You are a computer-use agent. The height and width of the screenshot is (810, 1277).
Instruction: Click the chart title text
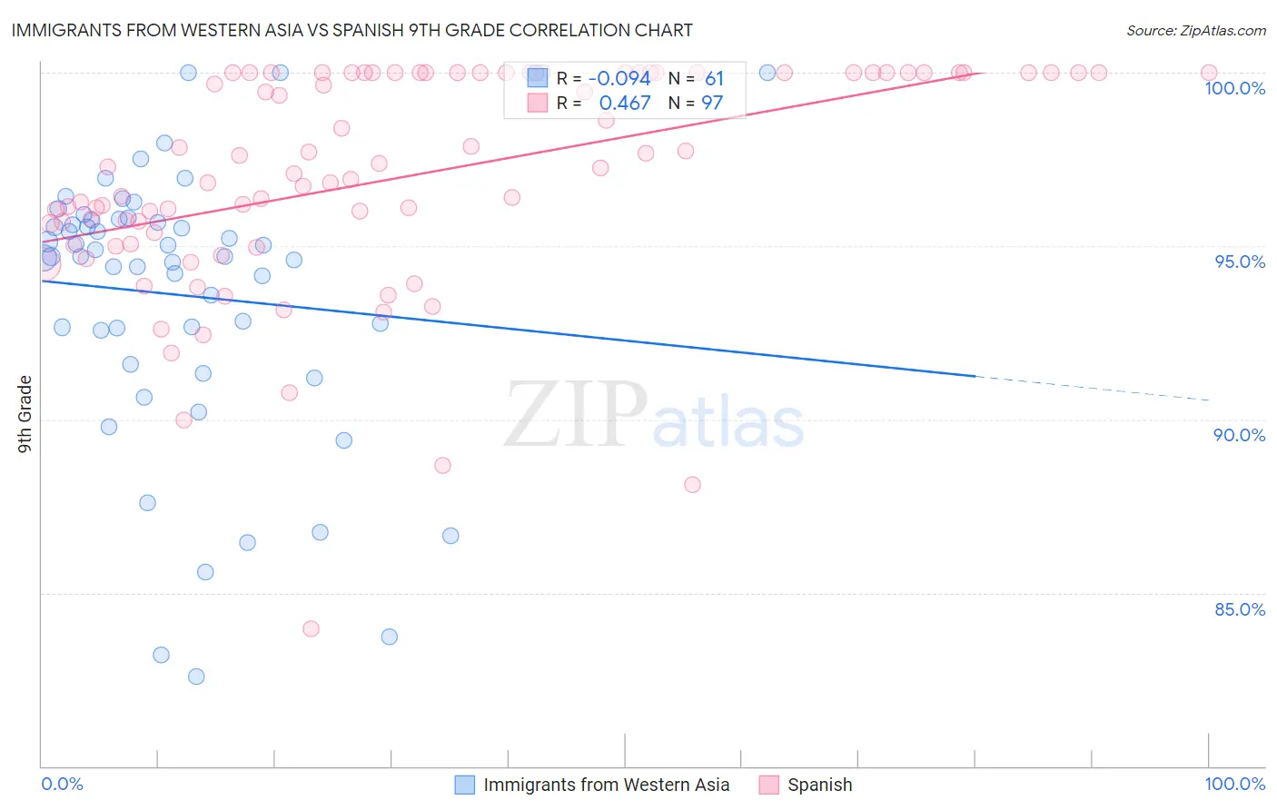351,30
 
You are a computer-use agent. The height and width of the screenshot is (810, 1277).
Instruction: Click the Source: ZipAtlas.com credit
1195,30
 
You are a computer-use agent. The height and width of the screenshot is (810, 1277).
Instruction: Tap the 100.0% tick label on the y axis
1234,88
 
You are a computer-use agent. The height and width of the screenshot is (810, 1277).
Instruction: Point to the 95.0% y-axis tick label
1240,262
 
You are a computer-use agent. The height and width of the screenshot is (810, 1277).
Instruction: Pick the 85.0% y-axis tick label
1240,609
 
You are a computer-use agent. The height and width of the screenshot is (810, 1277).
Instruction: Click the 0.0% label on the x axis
62,784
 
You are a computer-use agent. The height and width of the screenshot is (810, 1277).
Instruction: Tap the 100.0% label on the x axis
1234,784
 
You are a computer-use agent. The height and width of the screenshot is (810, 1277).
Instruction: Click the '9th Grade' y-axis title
25,414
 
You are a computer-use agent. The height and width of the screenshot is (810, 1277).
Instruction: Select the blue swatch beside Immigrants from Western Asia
465,785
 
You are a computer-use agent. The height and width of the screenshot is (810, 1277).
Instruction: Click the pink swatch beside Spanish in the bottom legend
769,785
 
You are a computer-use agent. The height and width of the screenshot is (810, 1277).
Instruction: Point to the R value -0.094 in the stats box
619,79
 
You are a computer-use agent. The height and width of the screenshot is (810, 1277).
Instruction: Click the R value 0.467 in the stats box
625,104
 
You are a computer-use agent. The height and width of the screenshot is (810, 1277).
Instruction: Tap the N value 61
714,79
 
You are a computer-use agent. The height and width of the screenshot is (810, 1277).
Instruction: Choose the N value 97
712,104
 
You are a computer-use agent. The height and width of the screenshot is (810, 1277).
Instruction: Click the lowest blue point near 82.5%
196,677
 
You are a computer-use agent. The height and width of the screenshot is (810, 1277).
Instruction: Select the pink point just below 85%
311,628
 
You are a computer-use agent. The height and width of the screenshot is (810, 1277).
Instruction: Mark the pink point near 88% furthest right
692,485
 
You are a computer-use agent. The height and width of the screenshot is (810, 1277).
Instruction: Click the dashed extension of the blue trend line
1090,388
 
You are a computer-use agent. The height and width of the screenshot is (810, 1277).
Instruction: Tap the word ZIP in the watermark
576,415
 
